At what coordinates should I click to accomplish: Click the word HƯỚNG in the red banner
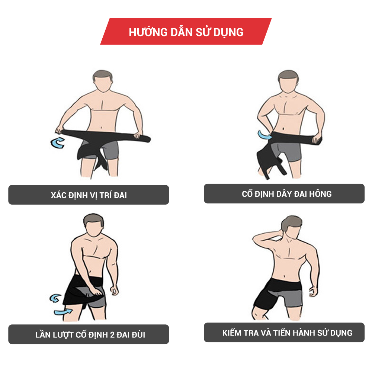coord(148,32)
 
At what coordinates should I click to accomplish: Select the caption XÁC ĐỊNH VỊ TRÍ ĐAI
coord(89,195)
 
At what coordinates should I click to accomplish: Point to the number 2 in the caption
coord(112,335)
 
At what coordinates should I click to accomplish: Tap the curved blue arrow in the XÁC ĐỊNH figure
coord(58,143)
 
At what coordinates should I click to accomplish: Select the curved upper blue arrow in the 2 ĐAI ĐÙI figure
coord(55,298)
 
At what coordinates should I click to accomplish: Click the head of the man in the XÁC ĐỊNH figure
coord(103,81)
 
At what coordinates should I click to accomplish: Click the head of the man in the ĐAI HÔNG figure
coord(288,81)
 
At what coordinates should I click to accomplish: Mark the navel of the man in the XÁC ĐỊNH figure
coord(102,127)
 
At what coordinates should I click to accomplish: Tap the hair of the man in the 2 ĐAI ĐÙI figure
coord(93,220)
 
